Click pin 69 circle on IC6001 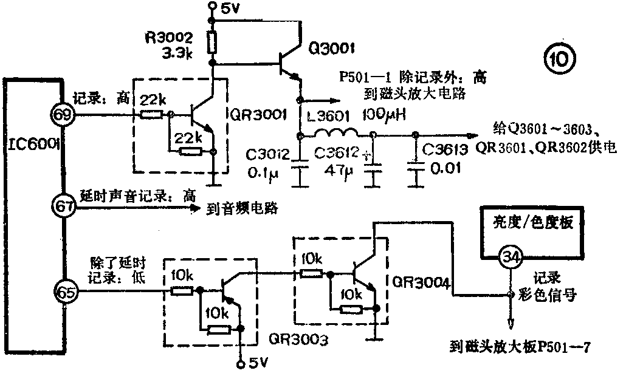[x=64, y=114]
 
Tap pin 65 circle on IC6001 [x=64, y=293]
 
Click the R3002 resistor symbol [x=213, y=43]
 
